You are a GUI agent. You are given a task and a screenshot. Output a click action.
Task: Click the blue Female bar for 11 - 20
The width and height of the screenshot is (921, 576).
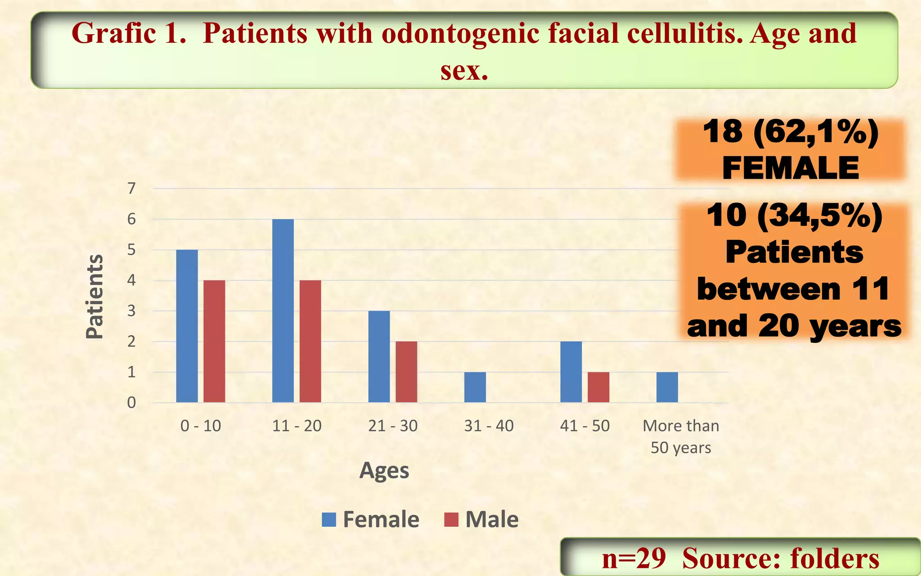tap(283, 310)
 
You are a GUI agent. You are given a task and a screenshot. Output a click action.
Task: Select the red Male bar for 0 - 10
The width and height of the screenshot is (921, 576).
tap(214, 341)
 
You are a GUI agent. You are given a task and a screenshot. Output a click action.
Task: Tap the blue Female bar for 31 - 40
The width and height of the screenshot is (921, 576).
tap(475, 387)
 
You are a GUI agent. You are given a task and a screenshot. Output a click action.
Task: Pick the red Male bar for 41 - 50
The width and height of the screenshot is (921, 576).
tap(598, 387)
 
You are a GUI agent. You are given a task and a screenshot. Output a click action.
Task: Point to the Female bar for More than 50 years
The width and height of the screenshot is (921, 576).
tap(667, 387)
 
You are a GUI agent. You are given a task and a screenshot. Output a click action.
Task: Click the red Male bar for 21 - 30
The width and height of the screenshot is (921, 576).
tap(406, 372)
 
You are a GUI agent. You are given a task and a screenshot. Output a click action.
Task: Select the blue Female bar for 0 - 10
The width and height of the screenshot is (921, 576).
tap(187, 326)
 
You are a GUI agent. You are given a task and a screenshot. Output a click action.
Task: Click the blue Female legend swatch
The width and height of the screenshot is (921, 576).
tap(329, 519)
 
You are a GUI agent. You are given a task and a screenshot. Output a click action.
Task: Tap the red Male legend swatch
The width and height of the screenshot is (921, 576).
tap(451, 519)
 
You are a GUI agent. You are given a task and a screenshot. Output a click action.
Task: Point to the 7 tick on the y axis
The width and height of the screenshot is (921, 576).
tap(131, 188)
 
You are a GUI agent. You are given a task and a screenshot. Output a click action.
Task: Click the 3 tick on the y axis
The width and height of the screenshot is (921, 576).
tap(131, 311)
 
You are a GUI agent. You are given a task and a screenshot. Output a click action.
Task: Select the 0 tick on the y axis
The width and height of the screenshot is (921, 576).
tap(131, 402)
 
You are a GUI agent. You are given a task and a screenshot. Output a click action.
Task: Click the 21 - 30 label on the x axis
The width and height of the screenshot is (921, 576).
tap(393, 426)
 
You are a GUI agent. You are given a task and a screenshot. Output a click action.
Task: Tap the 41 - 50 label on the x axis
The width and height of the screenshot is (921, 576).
tap(585, 426)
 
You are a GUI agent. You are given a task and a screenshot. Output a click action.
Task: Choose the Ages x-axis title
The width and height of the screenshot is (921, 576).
tap(384, 471)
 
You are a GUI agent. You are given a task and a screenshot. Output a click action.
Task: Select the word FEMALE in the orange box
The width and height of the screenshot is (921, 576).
tap(790, 168)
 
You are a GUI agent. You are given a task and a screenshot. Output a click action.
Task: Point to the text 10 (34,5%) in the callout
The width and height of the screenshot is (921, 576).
tap(794, 216)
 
